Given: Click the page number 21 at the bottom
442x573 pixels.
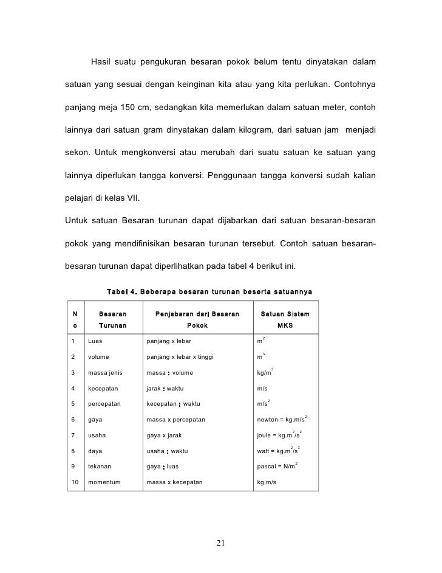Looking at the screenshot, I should [x=220, y=544].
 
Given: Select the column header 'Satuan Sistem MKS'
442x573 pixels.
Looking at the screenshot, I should [x=285, y=320].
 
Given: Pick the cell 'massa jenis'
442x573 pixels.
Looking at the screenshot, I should [x=106, y=372].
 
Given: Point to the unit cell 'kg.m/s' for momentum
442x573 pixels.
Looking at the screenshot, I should [x=267, y=482].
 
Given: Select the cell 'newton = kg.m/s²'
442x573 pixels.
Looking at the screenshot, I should [x=281, y=419].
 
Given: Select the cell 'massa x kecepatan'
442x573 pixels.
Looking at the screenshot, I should [x=175, y=482].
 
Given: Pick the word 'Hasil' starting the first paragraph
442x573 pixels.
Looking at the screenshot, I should [x=103, y=63].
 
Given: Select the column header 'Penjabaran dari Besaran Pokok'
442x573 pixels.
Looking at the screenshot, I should [x=197, y=320].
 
